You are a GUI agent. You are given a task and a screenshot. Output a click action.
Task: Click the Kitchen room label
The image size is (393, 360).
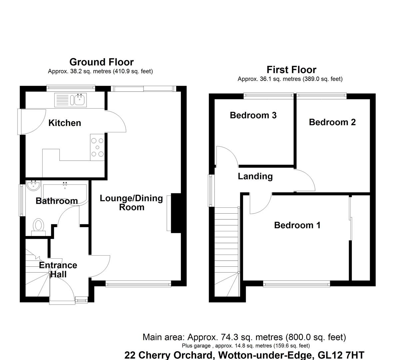click(x=65, y=123)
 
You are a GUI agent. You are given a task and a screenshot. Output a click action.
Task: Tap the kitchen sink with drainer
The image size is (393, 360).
click(x=71, y=99)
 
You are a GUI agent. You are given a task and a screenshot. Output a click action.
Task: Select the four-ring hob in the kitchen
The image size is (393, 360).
click(x=97, y=147)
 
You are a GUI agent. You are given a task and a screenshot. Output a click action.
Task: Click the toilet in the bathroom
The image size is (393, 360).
click(x=38, y=226)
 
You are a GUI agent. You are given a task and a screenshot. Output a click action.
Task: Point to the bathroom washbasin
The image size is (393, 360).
click(x=33, y=186)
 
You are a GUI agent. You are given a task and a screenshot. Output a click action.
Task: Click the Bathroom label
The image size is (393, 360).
click(x=57, y=201)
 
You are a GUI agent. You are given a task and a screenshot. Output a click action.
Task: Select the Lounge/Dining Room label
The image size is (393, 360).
click(x=132, y=203)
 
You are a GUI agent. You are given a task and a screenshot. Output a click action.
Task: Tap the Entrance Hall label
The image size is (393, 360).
click(x=58, y=270)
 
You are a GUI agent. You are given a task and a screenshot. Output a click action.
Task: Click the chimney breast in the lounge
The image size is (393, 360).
click(x=176, y=213)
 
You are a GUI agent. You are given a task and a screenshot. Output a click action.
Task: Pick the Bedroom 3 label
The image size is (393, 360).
click(x=253, y=115)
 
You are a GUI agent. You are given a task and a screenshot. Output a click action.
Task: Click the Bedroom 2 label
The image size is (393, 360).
click(x=332, y=122)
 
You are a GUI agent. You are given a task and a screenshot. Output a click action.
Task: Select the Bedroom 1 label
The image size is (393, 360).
click(x=297, y=225)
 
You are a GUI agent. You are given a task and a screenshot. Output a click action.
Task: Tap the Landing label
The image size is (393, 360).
click(x=255, y=176)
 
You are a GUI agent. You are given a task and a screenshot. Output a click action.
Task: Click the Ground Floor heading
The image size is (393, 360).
click(x=101, y=62)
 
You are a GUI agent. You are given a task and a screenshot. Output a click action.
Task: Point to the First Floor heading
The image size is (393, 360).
click(x=291, y=70)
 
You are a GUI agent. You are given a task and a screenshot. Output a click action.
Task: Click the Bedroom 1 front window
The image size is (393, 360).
click(x=296, y=284)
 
